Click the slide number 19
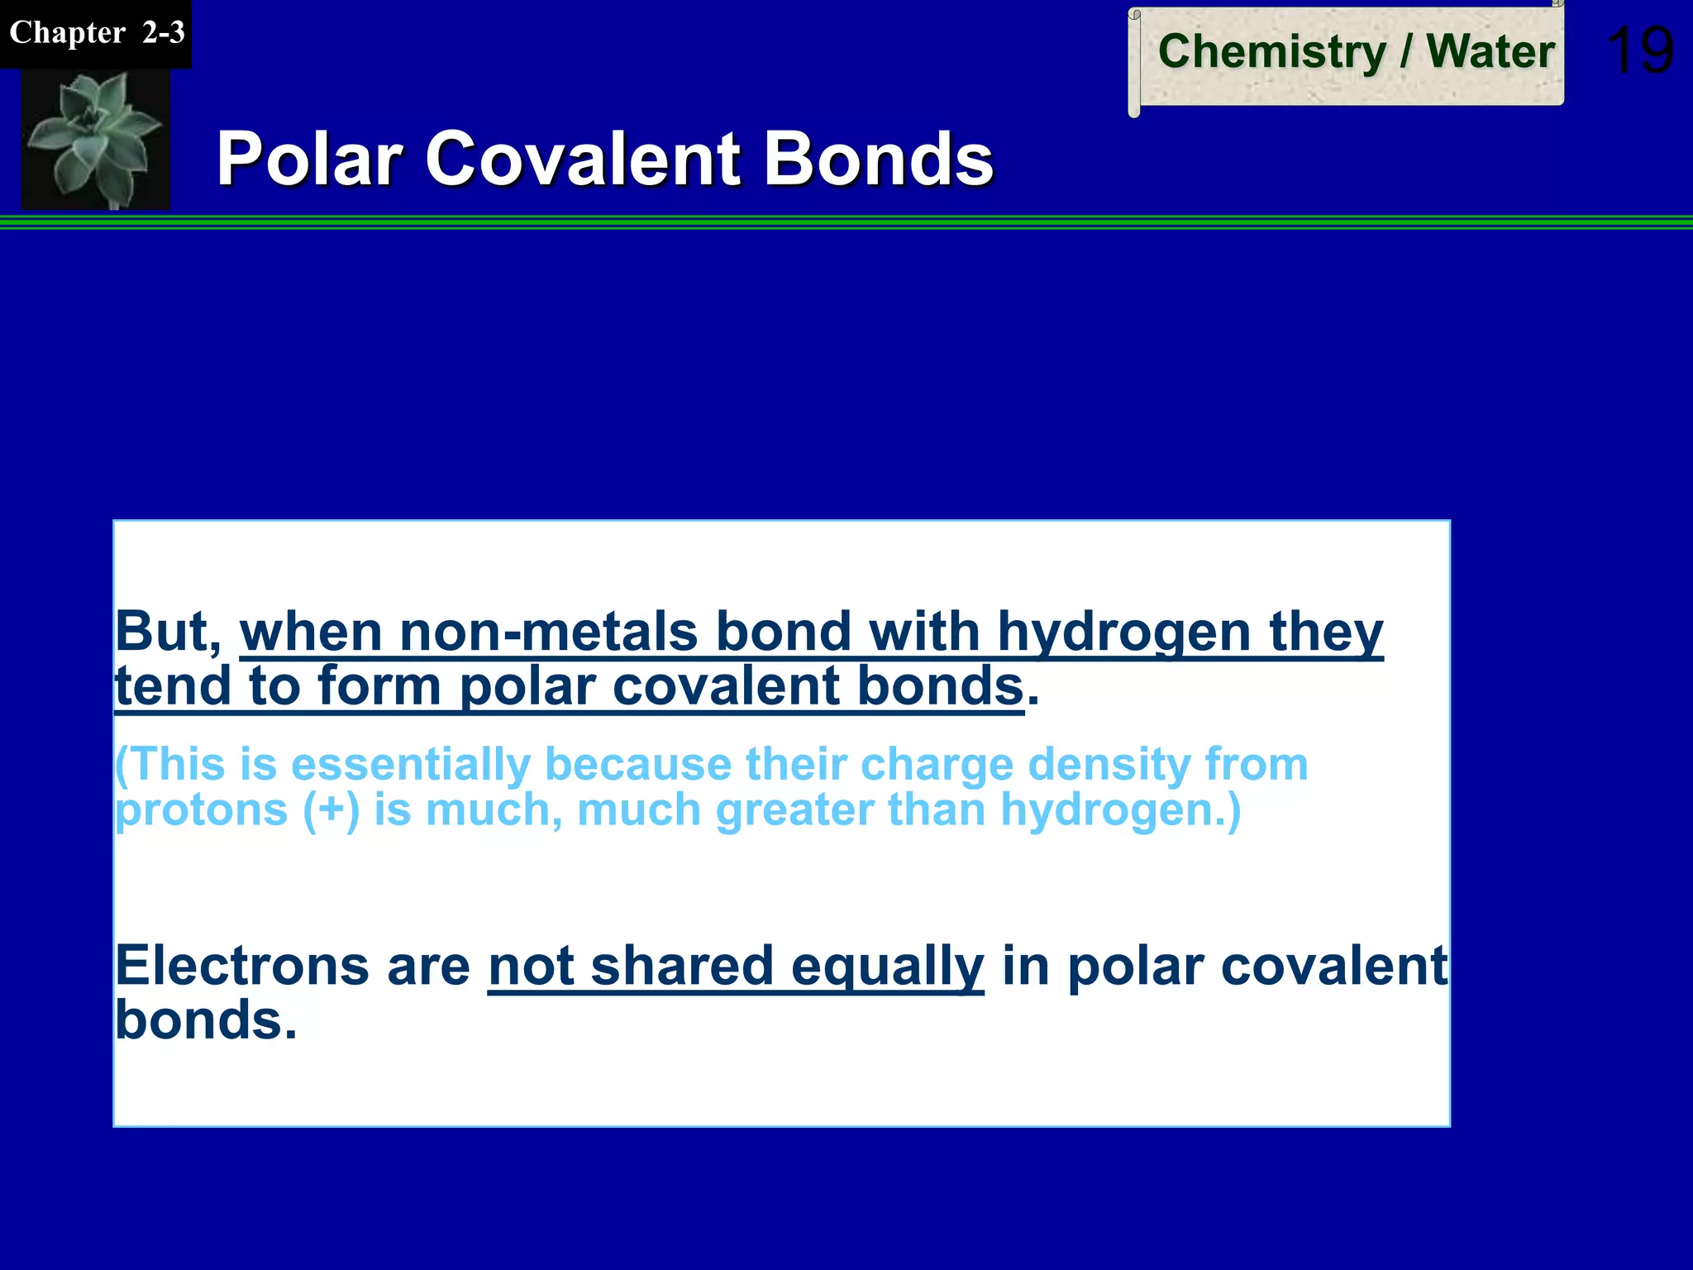pos(1640,51)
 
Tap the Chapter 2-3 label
pos(96,33)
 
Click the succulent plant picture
pos(95,138)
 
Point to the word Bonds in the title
pos(878,159)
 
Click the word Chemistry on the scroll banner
pos(1271,51)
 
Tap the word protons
pos(201,810)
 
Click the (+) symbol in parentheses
pos(331,809)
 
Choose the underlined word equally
pos(887,967)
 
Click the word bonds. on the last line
pos(205,1019)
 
